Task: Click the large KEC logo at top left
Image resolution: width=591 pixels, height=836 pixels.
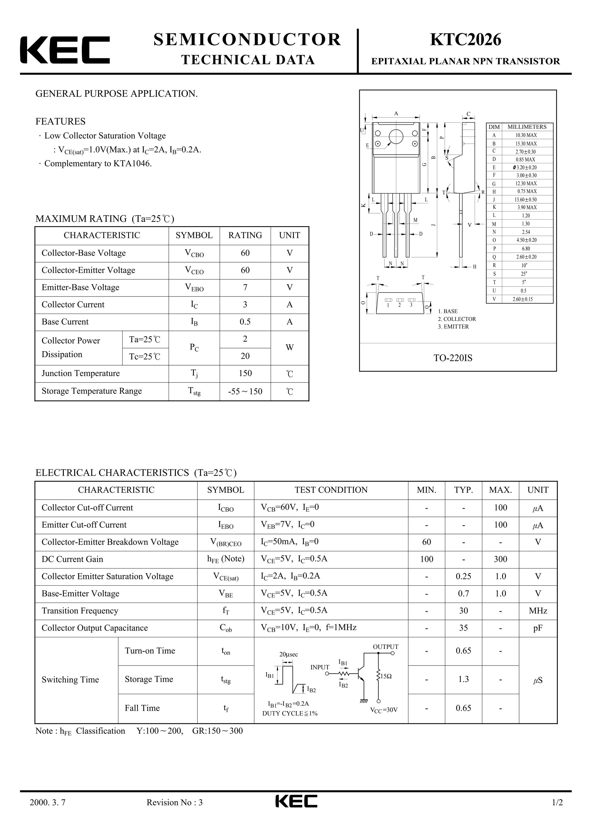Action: click(x=65, y=50)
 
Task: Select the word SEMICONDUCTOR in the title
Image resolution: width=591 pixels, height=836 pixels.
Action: click(x=247, y=39)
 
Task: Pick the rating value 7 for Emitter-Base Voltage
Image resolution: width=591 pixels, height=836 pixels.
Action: click(x=245, y=288)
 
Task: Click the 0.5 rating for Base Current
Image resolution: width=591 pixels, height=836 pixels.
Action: click(x=245, y=322)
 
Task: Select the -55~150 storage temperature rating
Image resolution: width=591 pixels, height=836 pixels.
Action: click(x=245, y=391)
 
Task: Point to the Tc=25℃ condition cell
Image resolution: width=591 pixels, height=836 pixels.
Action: click(x=145, y=357)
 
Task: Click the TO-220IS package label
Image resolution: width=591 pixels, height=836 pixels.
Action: click(x=452, y=358)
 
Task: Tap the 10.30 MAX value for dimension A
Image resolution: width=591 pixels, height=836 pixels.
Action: click(x=526, y=135)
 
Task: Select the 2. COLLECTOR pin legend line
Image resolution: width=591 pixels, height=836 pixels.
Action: click(x=457, y=319)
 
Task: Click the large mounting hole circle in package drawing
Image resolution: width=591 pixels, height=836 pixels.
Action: click(x=396, y=137)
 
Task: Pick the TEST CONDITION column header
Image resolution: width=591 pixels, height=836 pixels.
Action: click(x=331, y=490)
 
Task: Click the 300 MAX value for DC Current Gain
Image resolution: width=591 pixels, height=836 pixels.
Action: click(x=500, y=559)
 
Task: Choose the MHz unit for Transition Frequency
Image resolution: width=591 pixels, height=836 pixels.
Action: click(x=538, y=611)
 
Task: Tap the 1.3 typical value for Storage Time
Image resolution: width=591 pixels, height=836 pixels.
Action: click(x=463, y=679)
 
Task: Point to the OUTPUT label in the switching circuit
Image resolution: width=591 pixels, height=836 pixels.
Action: click(x=385, y=647)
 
